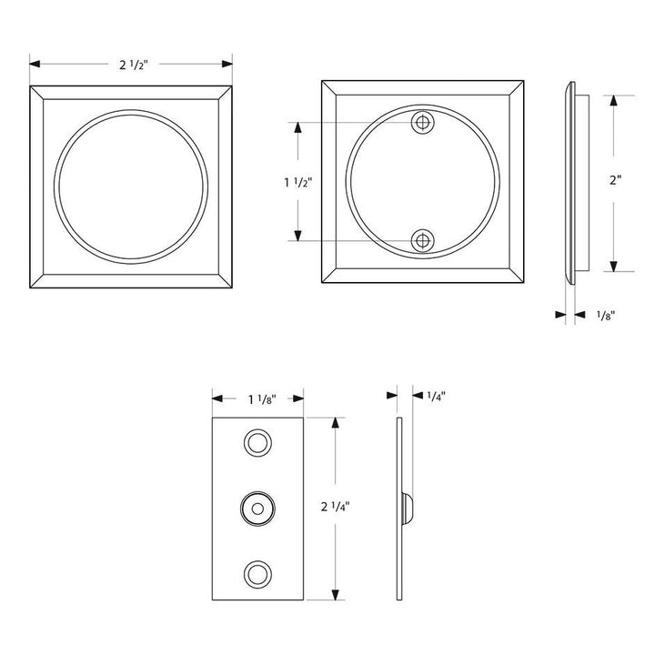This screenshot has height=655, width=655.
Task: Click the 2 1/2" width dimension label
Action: pyautogui.click(x=133, y=65)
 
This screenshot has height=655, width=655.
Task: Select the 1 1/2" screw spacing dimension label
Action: pyautogui.click(x=297, y=182)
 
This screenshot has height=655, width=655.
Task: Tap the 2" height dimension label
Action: pyautogui.click(x=616, y=180)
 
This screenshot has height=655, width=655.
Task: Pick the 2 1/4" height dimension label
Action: pyautogui.click(x=338, y=508)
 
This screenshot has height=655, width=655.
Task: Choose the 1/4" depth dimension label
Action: pyautogui.click(x=435, y=396)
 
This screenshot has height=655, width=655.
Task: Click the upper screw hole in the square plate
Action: pyautogui.click(x=421, y=123)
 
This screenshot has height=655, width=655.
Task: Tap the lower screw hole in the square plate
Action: pyautogui.click(x=421, y=241)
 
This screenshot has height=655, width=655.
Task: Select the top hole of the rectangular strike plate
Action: pyautogui.click(x=257, y=443)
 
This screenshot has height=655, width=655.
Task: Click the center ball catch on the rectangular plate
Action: pyautogui.click(x=257, y=508)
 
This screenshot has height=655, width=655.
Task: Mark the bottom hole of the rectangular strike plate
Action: pyautogui.click(x=257, y=572)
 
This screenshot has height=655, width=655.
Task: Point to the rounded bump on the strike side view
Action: pyautogui.click(x=408, y=508)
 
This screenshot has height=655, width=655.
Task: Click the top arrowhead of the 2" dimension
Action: pyautogui.click(x=616, y=98)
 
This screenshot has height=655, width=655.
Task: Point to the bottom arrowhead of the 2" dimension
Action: pyautogui.click(x=616, y=266)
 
